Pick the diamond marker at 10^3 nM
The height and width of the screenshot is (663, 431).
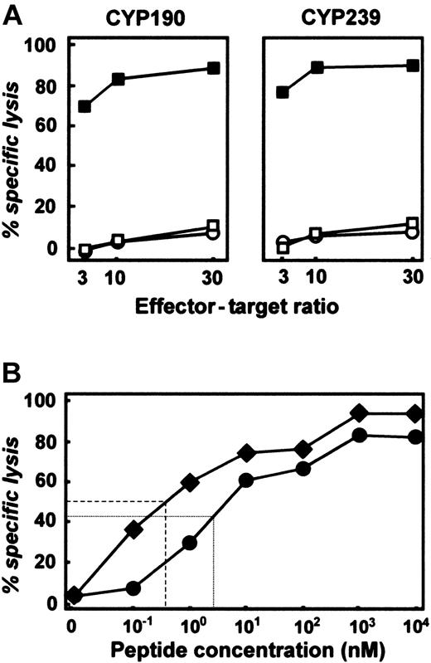click(359, 413)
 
